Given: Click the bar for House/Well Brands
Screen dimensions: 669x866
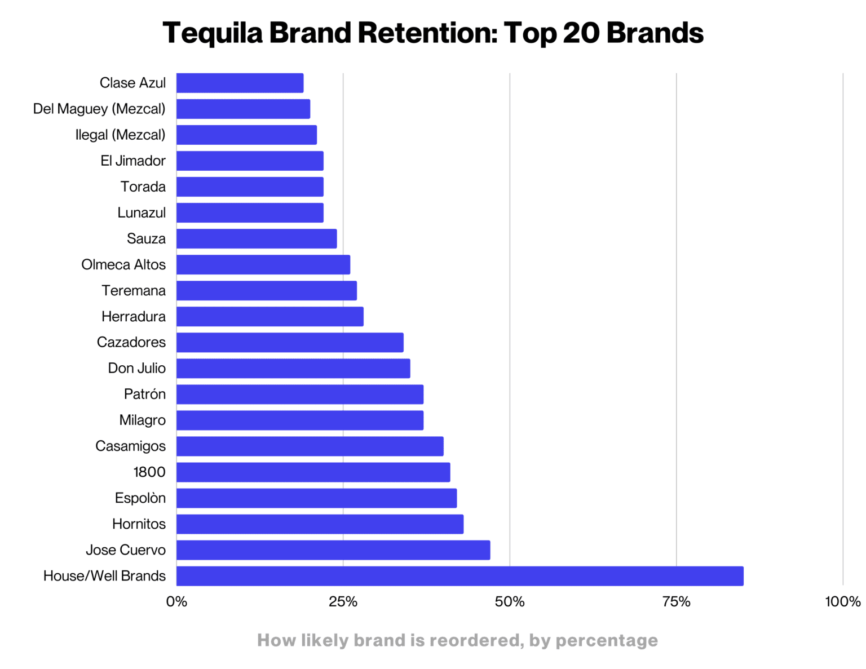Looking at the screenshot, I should [459, 576].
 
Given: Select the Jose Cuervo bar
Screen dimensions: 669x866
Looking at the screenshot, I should [333, 550].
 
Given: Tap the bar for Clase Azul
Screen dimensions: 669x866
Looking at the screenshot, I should [240, 83].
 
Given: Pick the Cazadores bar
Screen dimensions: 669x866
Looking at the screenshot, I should [290, 343].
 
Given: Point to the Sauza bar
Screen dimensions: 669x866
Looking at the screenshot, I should [257, 239].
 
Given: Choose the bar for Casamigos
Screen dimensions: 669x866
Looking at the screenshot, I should [310, 446].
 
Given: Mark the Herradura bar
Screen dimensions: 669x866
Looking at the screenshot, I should [269, 317].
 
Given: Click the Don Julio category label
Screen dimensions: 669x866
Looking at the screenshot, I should [136, 369].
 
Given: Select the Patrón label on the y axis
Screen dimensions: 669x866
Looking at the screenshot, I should [144, 395].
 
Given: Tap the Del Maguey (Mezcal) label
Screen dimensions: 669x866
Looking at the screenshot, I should [99, 109].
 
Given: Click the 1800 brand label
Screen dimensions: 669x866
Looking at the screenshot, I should [149, 472].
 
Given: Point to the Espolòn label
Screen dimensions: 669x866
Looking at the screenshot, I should [140, 498].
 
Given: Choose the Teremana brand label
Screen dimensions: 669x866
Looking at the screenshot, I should [134, 291].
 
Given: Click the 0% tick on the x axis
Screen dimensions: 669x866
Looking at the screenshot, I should [176, 602].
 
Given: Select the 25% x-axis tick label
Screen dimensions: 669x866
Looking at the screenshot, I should [343, 602].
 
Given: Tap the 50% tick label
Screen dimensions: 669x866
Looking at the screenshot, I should [510, 602].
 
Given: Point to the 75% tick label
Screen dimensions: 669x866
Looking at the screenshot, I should [676, 602].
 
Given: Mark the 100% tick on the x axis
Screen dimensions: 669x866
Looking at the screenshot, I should [842, 602].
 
